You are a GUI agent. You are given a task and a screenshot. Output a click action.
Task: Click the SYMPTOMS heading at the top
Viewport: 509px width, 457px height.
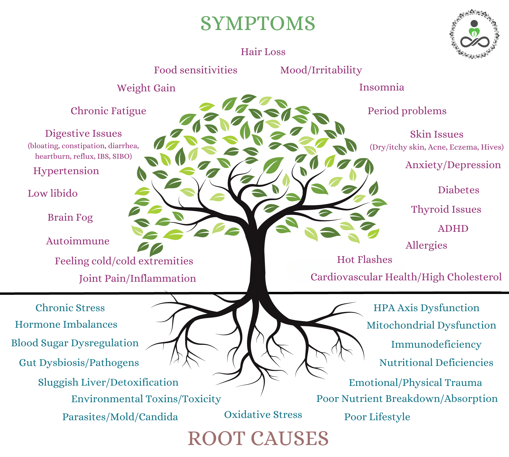pyautogui.click(x=258, y=23)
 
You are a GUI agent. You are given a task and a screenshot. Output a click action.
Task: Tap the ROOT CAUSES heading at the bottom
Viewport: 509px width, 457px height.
pyautogui.click(x=258, y=438)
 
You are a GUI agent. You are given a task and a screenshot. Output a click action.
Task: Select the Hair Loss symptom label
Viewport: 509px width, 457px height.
pyautogui.click(x=263, y=52)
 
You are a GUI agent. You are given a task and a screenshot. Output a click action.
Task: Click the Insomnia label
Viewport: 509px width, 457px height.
pyautogui.click(x=381, y=87)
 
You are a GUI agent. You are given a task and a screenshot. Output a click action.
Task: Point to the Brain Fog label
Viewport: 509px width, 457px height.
pyautogui.click(x=70, y=218)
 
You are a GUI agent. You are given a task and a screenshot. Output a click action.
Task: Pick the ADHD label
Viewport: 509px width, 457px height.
pyautogui.click(x=453, y=229)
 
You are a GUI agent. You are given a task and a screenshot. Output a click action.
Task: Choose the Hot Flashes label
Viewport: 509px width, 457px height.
pyautogui.click(x=364, y=260)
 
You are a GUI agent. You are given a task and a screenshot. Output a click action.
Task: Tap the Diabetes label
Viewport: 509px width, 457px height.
pyautogui.click(x=458, y=190)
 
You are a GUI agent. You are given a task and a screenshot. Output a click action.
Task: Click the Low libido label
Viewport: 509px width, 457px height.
pyautogui.click(x=52, y=194)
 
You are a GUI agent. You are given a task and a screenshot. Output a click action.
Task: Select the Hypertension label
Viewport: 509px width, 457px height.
pyautogui.click(x=66, y=171)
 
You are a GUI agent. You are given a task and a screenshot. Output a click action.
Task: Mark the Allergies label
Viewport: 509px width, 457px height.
pyautogui.click(x=426, y=245)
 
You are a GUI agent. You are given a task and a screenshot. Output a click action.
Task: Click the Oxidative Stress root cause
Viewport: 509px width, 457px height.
pyautogui.click(x=263, y=415)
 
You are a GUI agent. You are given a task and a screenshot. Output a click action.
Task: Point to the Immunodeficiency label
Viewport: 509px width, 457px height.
pyautogui.click(x=436, y=345)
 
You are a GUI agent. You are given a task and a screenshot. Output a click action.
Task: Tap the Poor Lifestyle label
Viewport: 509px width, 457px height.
pyautogui.click(x=377, y=417)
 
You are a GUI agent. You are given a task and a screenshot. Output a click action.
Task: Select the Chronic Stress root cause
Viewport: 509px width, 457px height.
pyautogui.click(x=70, y=308)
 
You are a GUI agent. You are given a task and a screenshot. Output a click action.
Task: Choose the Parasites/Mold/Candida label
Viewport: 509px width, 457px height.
pyautogui.click(x=120, y=417)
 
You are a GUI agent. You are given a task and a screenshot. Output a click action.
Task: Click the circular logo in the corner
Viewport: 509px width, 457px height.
pyautogui.click(x=474, y=34)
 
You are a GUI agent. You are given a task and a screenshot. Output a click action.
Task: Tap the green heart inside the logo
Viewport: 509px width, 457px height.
pyautogui.click(x=474, y=33)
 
